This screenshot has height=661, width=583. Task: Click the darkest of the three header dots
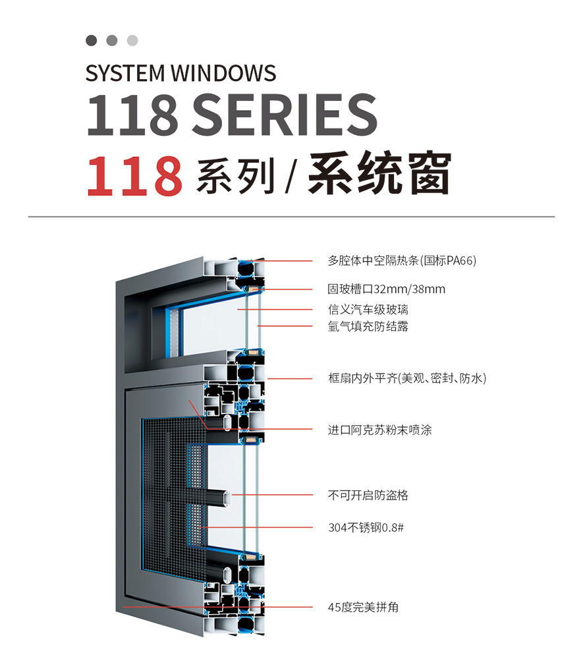pos(92,41)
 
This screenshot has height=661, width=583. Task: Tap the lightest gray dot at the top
pos(132,41)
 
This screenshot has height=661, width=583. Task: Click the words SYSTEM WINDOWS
pos(180,72)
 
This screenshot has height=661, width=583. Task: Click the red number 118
pos(134,175)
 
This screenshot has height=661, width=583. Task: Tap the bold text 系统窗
pos(379,175)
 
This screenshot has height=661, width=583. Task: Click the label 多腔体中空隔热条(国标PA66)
pos(401,260)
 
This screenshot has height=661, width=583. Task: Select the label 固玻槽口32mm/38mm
pos(387,289)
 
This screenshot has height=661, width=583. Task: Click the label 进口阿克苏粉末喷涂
pos(379,430)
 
